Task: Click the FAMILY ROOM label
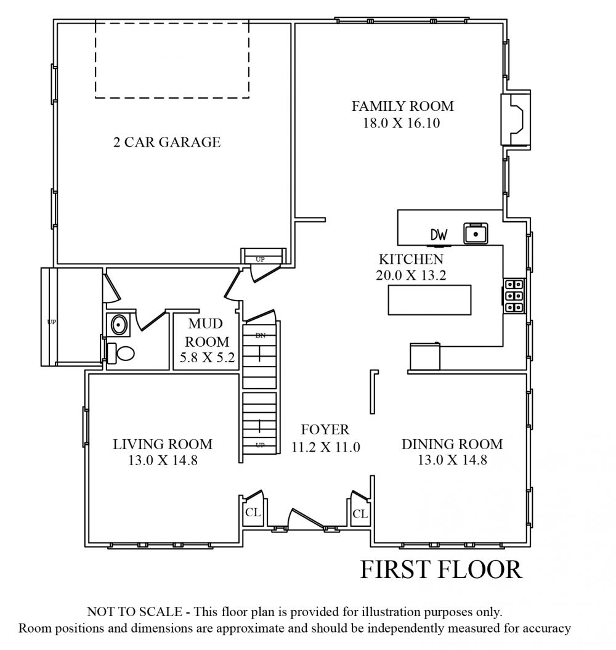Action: click(x=402, y=106)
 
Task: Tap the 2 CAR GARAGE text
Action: click(x=167, y=142)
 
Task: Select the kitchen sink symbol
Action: click(x=476, y=234)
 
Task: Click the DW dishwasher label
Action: click(x=439, y=235)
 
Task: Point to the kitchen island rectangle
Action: click(x=429, y=299)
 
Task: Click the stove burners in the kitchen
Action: click(x=514, y=296)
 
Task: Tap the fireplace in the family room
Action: click(x=516, y=120)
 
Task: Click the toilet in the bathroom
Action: click(x=121, y=354)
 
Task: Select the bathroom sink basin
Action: click(x=118, y=324)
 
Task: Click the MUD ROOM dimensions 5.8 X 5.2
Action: click(x=207, y=357)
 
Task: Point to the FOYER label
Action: click(x=325, y=429)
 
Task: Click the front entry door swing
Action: click(x=306, y=519)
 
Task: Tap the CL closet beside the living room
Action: click(x=253, y=513)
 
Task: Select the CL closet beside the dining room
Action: click(x=360, y=514)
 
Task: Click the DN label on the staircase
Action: click(x=261, y=335)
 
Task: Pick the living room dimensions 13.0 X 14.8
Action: click(x=163, y=460)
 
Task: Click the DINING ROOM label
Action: click(x=452, y=444)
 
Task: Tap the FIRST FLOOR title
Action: click(x=441, y=569)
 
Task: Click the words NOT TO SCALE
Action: click(x=134, y=612)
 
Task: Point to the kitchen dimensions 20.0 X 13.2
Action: click(x=411, y=275)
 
